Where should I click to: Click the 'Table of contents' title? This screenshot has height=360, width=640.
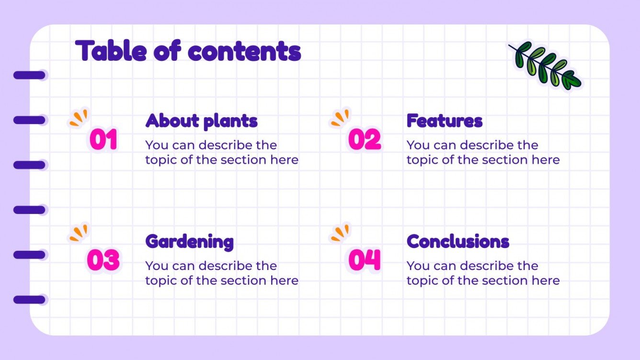188,51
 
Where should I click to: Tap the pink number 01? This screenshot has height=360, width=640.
103,140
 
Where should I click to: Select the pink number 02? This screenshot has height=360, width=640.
365,140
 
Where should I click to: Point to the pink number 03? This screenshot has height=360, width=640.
103,260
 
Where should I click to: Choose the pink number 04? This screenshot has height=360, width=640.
365,260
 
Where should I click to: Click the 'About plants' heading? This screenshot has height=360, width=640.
201,121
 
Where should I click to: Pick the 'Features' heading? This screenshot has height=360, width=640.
444,121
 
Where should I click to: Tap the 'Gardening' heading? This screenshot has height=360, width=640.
189,242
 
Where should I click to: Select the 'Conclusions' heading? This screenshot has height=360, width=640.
457,242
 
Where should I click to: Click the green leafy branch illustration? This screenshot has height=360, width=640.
544,65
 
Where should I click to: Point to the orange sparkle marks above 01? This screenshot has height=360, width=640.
79,118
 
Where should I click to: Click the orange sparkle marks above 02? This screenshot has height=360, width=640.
340,118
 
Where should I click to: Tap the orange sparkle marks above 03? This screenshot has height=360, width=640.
79,233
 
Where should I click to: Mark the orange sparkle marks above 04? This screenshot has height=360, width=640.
340,233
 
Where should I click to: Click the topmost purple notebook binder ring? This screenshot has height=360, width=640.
29,75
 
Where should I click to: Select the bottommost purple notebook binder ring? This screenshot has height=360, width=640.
29,300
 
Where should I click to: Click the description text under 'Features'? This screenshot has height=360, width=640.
483,152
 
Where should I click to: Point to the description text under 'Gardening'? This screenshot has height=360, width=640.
222,273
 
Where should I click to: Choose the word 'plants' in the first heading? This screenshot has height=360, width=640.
230,122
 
